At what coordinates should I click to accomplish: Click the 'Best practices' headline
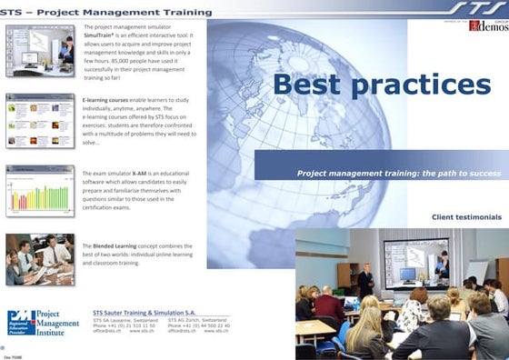click(x=381, y=86)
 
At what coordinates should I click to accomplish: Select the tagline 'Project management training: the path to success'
click(x=398, y=172)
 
